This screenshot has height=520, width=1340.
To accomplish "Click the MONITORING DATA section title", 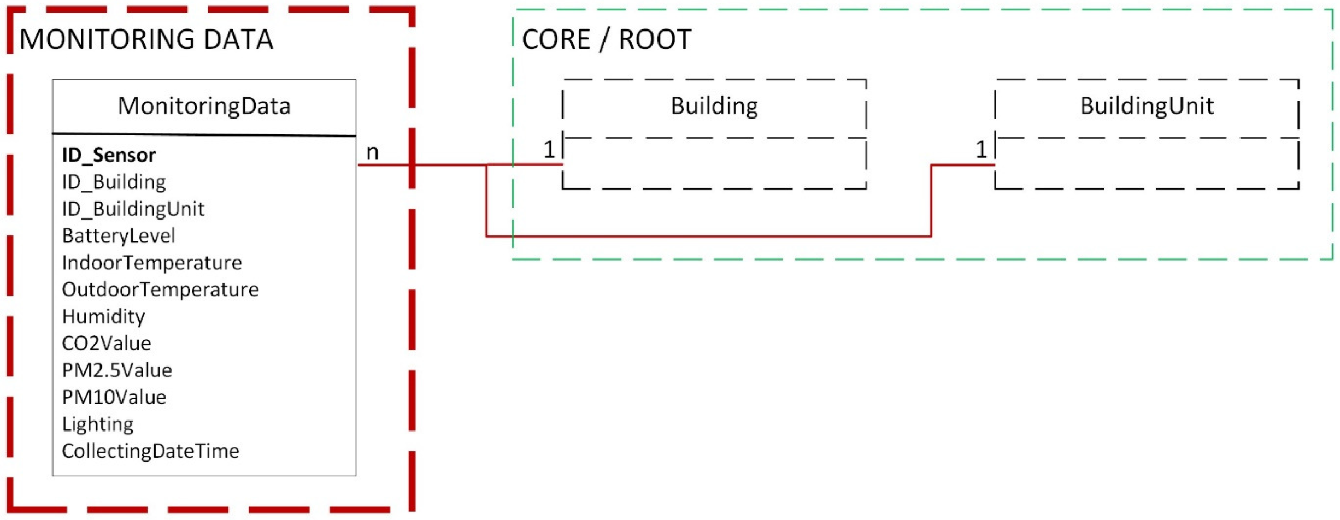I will point(146,40).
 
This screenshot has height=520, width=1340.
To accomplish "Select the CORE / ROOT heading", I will point(607,40).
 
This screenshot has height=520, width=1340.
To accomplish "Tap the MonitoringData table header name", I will point(204,106).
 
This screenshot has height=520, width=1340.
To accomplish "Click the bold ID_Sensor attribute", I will point(109,155).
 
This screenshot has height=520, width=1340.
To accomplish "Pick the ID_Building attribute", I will point(114,182).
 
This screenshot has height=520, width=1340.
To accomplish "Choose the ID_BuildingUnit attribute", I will point(133,209).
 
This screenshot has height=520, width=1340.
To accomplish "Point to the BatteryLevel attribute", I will point(119,236).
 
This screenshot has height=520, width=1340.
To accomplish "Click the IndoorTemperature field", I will point(152,263).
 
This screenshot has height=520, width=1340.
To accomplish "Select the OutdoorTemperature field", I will point(160,289).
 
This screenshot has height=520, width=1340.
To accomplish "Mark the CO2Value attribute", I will point(106,344).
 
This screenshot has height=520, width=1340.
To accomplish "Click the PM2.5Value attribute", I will point(117,370).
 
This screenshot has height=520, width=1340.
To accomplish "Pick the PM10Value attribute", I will point(114,397).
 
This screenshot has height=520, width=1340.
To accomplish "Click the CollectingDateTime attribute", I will point(150,451).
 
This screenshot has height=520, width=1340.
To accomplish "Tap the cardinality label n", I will point(372,152).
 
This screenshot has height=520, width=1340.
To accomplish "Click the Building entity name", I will point(714,106).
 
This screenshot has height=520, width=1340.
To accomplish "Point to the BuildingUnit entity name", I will point(1147,106).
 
